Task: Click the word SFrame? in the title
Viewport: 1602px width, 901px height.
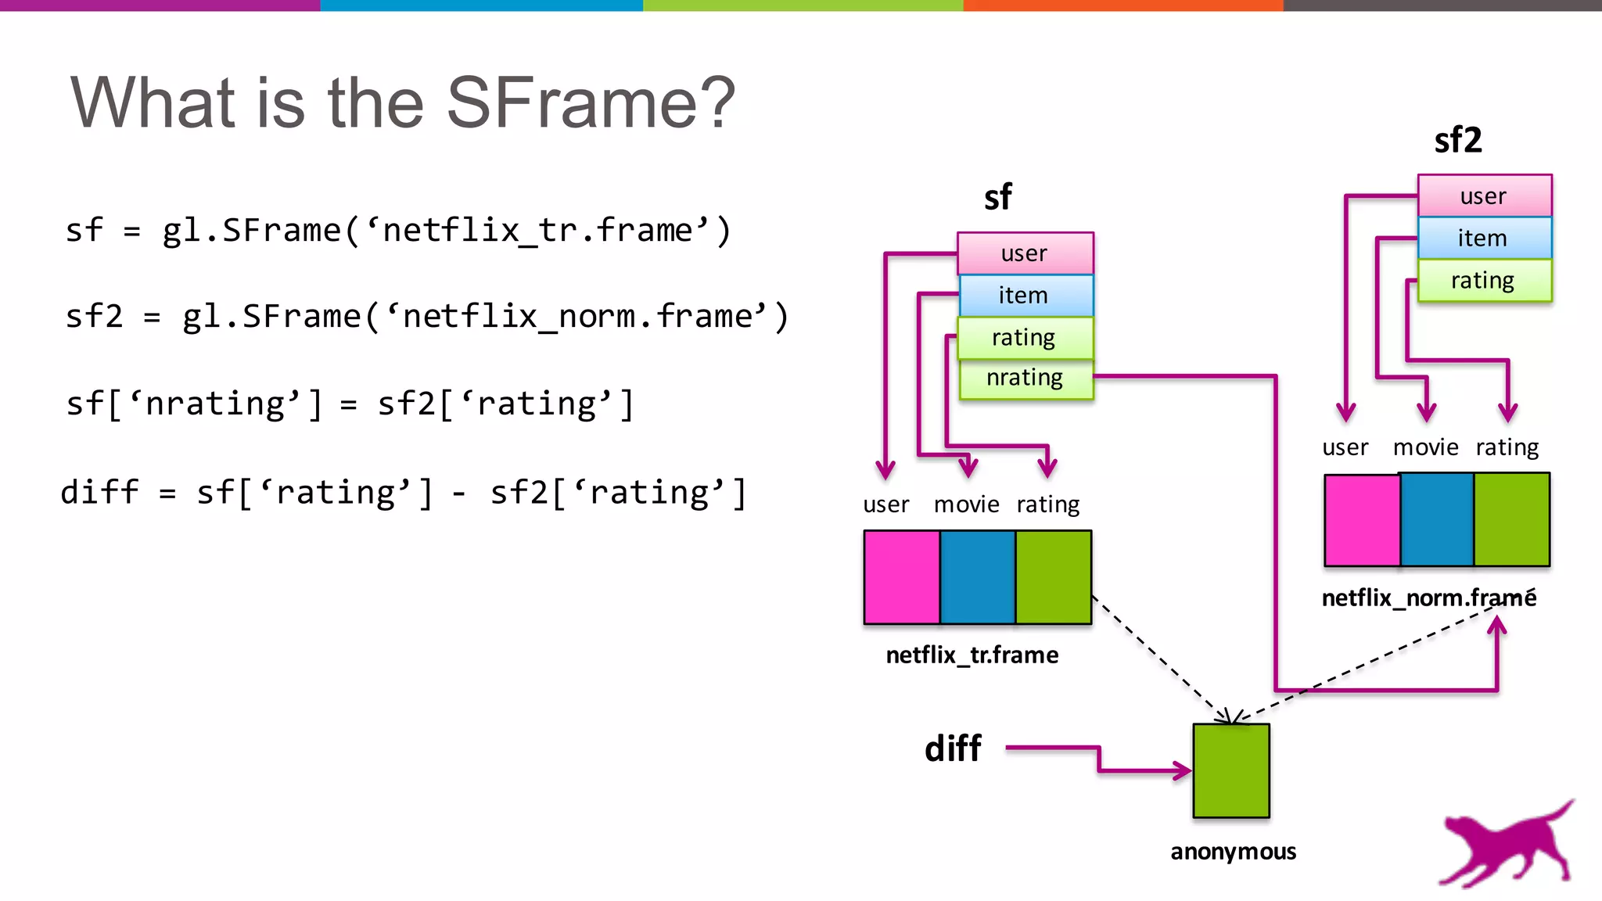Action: [591, 102]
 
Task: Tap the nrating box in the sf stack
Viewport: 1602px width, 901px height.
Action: [1025, 379]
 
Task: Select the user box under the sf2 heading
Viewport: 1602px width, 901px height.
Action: [1484, 196]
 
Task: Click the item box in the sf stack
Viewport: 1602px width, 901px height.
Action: [1025, 295]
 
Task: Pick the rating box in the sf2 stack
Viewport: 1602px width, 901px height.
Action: [1484, 280]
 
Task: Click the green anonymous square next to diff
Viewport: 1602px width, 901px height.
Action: [1231, 771]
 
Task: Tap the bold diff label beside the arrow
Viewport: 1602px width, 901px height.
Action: [953, 748]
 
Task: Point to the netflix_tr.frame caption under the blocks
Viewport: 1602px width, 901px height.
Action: [972, 655]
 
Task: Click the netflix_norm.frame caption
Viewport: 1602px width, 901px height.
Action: [1428, 598]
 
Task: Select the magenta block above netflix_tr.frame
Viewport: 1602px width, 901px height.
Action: [902, 577]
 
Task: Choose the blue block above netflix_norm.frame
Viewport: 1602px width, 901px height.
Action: [1437, 519]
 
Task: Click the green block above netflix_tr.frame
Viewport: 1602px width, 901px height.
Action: [1053, 577]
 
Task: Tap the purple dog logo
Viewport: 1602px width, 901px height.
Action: [1506, 845]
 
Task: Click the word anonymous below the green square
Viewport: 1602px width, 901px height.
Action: [1233, 852]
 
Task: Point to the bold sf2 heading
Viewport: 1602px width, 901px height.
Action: [1457, 140]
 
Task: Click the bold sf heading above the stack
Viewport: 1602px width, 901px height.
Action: [997, 197]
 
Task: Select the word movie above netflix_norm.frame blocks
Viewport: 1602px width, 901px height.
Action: [1425, 447]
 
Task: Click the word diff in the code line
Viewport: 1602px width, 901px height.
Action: [99, 493]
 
